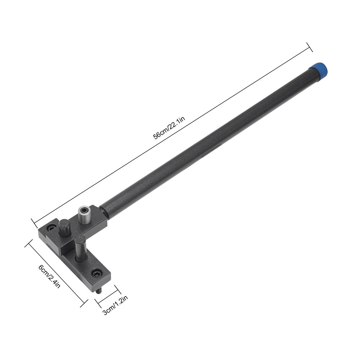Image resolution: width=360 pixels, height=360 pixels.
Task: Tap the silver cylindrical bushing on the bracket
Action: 84,216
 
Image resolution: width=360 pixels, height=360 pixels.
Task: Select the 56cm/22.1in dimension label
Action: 169,130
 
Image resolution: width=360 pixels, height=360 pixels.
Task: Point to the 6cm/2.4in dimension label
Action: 50,275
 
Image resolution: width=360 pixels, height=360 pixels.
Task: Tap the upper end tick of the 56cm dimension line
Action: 309,46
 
